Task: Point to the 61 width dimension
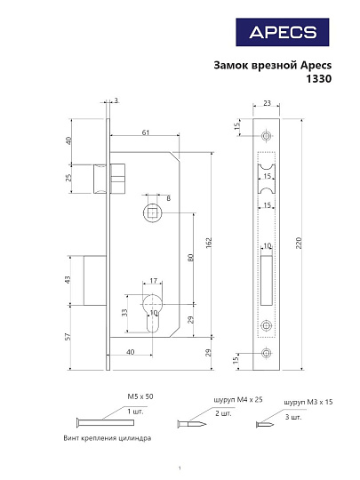[145, 132]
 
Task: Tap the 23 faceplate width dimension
[268, 105]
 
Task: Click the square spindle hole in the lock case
[152, 213]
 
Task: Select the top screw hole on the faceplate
[267, 136]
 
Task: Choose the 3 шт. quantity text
[293, 416]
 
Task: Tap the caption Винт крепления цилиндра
[108, 439]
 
